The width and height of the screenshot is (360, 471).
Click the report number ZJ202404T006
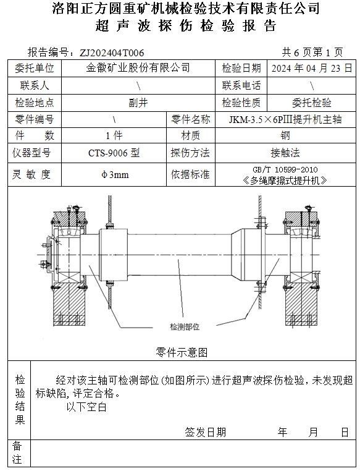112,53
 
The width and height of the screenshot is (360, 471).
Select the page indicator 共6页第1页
312,53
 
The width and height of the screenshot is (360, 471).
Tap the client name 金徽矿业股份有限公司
138,68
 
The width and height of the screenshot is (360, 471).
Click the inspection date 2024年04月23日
312,68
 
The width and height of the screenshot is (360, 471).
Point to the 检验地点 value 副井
138,103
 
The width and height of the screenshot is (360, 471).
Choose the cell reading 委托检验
312,103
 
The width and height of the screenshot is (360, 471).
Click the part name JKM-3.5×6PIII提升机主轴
285,119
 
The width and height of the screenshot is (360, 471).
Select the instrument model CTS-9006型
114,153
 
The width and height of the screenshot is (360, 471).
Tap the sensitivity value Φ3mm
115,174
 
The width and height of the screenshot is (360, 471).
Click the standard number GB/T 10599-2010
285,170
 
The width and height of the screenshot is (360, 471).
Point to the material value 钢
285,136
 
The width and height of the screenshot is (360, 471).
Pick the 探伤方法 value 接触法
285,153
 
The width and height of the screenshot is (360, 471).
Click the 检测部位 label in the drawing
185,327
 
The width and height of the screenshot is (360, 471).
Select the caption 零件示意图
182,352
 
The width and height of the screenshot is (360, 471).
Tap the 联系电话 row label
241,86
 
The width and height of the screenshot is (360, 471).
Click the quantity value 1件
114,136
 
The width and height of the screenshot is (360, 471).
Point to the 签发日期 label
205,432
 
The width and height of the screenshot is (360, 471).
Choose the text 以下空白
86,407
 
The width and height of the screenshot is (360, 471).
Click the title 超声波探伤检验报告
186,26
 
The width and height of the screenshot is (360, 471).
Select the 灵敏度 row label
31,174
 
